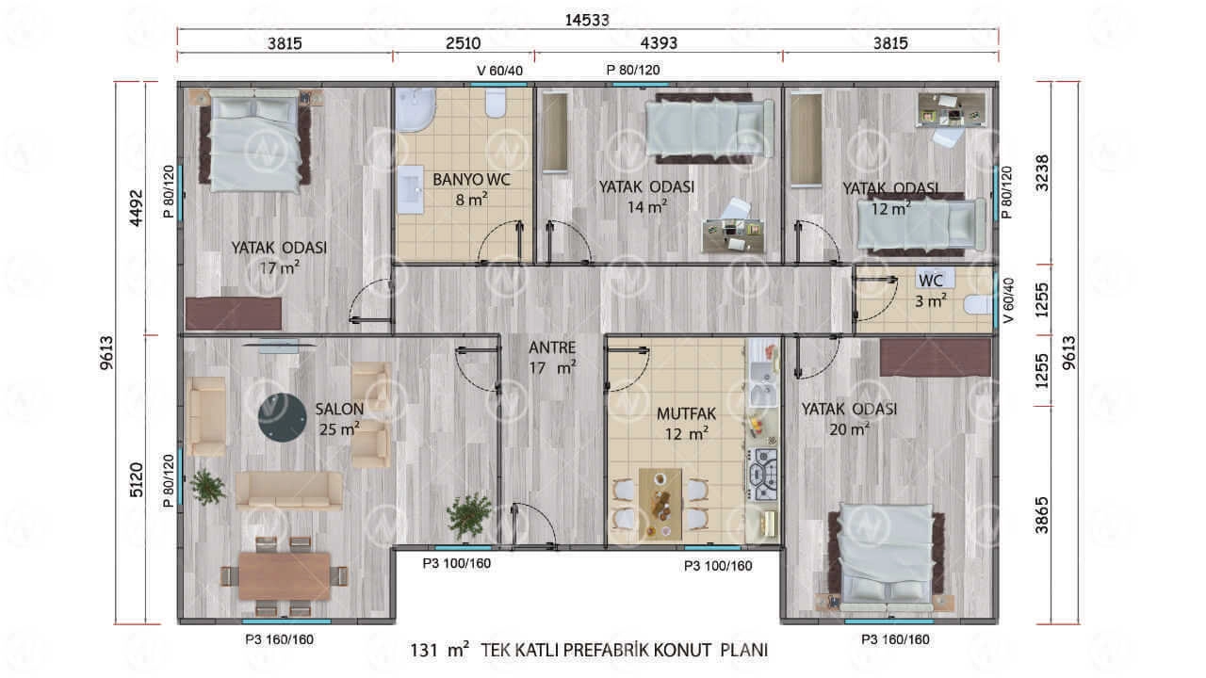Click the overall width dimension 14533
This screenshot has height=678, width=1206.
[x=587, y=20]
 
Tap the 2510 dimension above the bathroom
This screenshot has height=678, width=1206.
[x=463, y=43]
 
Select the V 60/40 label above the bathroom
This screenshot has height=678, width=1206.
[x=499, y=71]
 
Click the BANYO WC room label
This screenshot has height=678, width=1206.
[x=472, y=180]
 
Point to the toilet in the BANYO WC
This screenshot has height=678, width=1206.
[x=496, y=104]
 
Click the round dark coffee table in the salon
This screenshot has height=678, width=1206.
[x=282, y=417]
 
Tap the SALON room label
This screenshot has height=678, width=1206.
[x=339, y=409]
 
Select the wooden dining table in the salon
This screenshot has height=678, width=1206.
[x=285, y=576]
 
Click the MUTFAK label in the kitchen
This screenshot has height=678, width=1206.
[x=686, y=413]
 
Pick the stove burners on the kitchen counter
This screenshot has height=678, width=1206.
[x=762, y=475]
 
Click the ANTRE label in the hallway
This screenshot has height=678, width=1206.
[x=552, y=347]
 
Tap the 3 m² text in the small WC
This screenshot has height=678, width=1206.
[x=930, y=300]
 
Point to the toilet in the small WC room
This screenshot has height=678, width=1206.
[x=978, y=304]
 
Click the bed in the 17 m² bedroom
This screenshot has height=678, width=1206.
[x=254, y=141]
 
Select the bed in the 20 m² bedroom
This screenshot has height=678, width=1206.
[x=887, y=558]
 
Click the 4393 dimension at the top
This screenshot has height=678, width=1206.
[x=659, y=43]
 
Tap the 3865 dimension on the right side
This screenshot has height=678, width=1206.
[x=1042, y=515]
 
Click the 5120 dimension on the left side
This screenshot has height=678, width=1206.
[x=137, y=479]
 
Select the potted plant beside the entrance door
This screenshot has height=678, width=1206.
[x=469, y=515]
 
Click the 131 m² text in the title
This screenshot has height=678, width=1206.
[x=439, y=650]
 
